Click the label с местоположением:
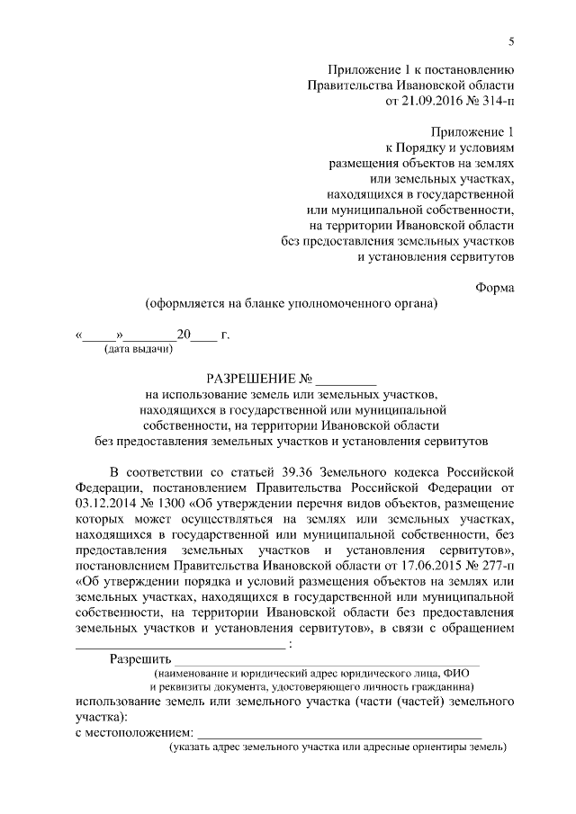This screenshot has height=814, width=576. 133,733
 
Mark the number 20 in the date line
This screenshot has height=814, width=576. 185,335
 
